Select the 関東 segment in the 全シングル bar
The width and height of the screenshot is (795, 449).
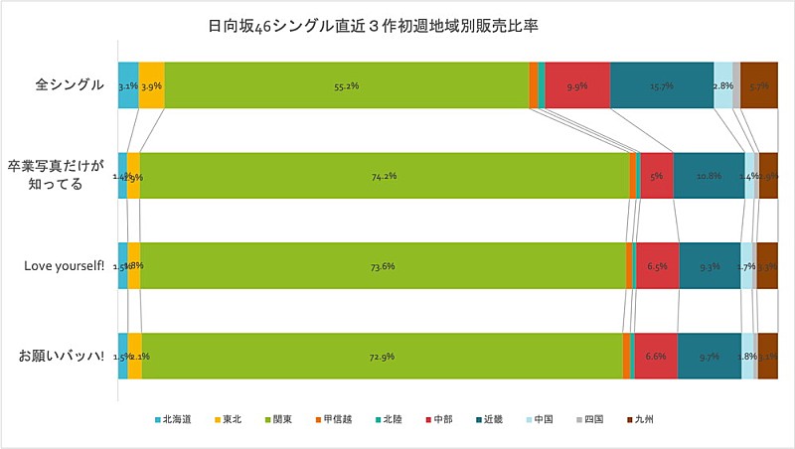tap(347, 85)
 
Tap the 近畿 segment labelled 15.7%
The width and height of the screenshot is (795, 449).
tap(661, 85)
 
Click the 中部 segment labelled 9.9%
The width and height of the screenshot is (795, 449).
tap(577, 85)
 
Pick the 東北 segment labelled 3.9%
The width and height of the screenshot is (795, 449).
tap(151, 85)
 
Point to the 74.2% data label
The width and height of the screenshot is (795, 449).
tap(385, 176)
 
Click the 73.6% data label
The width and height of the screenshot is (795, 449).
tap(383, 265)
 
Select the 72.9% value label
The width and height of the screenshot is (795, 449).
tap(382, 356)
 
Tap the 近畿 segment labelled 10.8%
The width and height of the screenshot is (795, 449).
tap(709, 176)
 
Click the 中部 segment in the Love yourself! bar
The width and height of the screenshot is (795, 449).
tap(657, 265)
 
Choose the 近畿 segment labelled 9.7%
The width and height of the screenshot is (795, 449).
tap(709, 356)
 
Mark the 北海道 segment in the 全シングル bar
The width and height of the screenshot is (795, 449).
tap(127, 85)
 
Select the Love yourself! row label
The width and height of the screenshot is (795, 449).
tap(64, 266)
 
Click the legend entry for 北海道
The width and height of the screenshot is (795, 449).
tap(176, 420)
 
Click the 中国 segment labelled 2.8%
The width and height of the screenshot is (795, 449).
tap(722, 85)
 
